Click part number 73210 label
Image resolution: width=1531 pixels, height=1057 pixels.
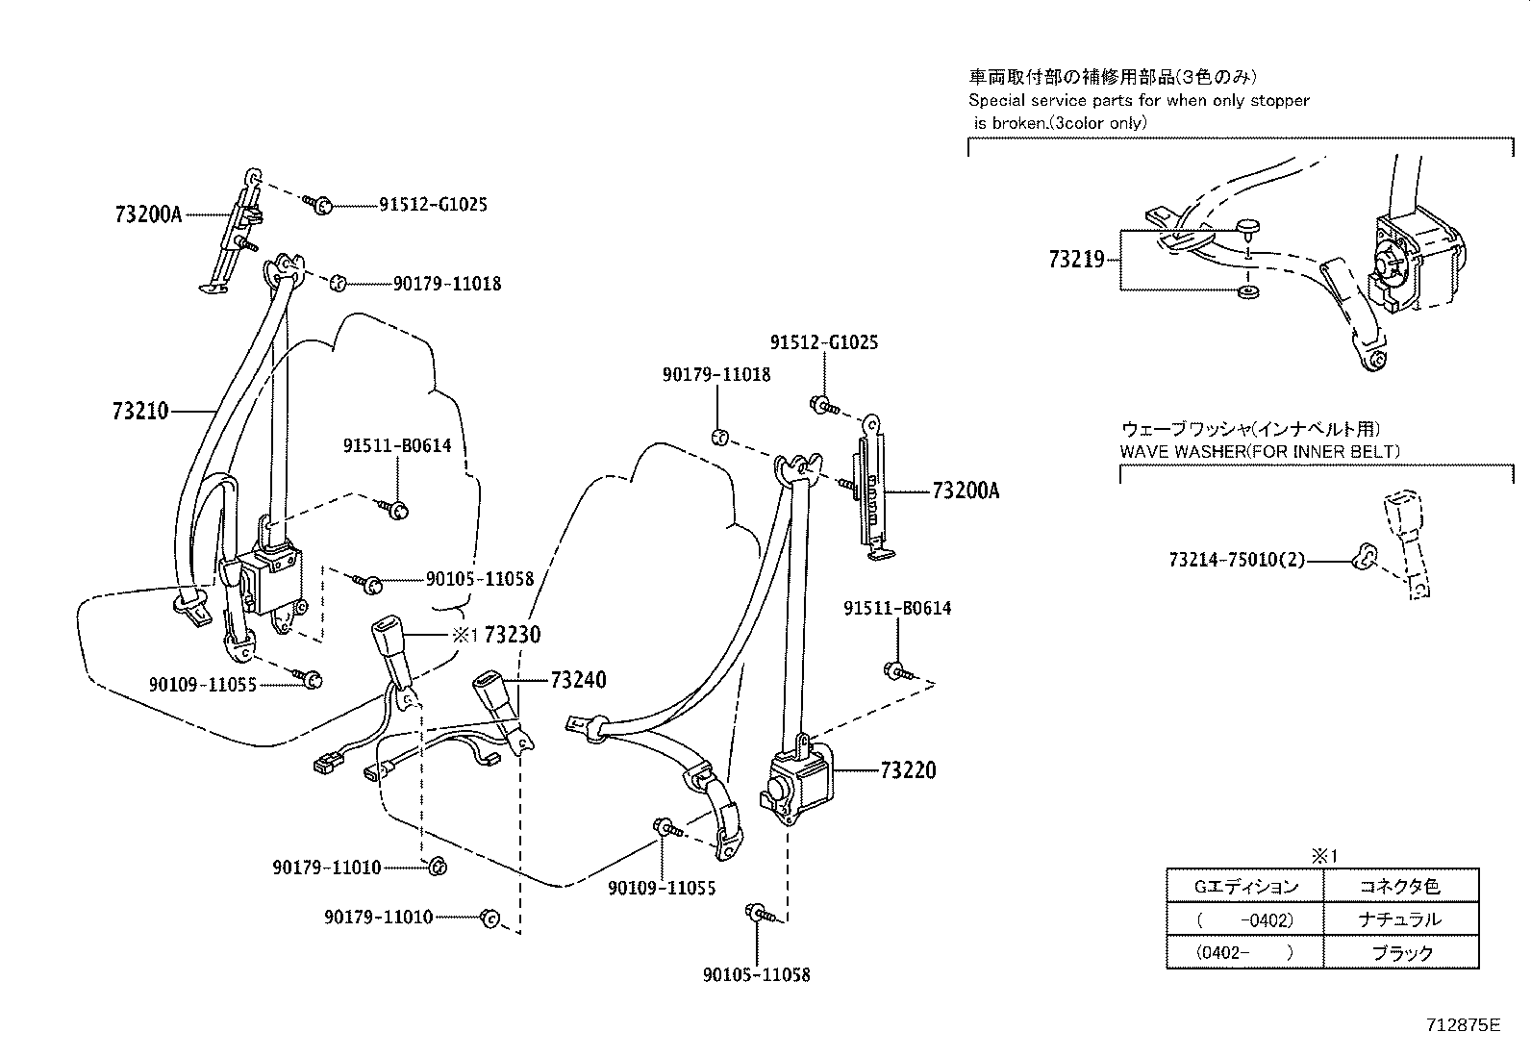tap(140, 412)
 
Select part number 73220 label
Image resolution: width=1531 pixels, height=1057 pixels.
tap(907, 770)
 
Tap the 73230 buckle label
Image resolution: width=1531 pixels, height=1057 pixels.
tap(512, 635)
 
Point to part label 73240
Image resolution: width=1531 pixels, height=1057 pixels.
tap(578, 681)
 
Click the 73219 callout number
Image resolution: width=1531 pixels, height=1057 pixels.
tap(1077, 260)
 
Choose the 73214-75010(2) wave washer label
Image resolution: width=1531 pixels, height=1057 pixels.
tap(1238, 560)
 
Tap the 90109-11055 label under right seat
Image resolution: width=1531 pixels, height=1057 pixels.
tap(662, 889)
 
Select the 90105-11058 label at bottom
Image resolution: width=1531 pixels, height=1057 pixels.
tap(756, 975)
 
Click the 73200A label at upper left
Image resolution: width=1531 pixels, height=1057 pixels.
tap(148, 215)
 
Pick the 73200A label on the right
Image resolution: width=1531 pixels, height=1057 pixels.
tap(966, 491)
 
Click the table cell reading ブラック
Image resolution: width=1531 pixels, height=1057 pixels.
tap(1400, 953)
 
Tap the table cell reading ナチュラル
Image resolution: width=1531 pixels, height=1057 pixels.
tap(1400, 919)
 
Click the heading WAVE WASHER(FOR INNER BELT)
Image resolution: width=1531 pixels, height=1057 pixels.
tap(1260, 451)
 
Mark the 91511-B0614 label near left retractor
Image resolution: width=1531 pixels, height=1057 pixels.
tap(397, 446)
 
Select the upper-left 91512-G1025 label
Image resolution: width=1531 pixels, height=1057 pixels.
tap(433, 205)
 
